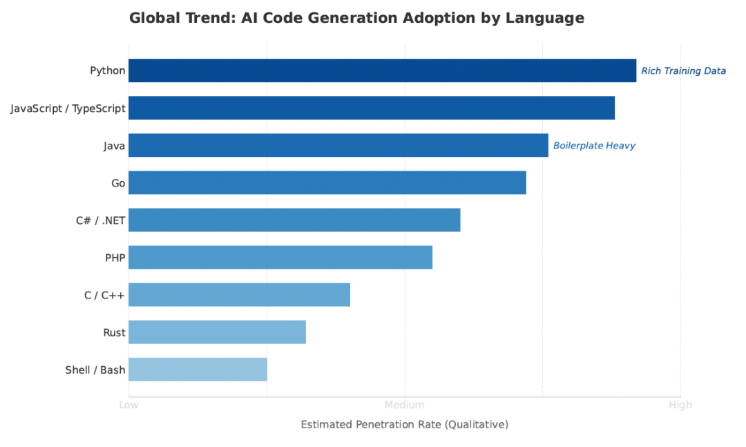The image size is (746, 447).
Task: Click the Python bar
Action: point(382,70)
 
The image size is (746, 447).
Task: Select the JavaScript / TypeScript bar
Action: point(372,108)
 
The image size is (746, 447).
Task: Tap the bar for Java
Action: point(338,145)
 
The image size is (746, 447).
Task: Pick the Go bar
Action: point(327,182)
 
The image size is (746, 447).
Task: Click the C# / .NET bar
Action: point(294,220)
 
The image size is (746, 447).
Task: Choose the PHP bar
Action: point(280,257)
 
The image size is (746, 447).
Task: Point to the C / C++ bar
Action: point(239,294)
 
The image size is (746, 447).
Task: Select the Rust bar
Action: point(217,332)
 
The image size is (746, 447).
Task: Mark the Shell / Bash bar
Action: point(198,369)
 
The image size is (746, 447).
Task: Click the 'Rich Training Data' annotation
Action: point(683,71)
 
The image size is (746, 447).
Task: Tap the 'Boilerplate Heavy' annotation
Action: point(594,146)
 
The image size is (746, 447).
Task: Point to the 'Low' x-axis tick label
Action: point(128,405)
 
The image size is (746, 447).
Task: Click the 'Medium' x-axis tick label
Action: point(404,405)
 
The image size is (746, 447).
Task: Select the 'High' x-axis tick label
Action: point(680,405)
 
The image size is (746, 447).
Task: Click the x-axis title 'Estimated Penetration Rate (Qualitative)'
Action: point(404,424)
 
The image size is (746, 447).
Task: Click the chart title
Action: point(356,19)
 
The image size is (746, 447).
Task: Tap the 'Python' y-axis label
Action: point(108,70)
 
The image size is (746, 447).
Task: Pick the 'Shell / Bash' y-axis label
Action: point(95,370)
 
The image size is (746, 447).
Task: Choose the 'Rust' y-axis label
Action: point(114,332)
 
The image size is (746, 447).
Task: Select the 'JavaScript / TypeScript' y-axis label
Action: point(68,108)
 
